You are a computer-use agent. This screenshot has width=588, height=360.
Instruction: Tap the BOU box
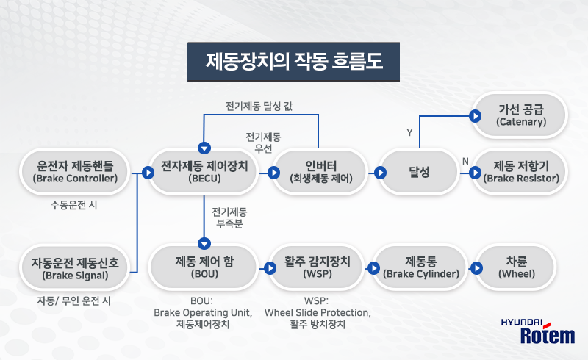pos(204,267)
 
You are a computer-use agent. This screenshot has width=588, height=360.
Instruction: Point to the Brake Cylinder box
pos(421,267)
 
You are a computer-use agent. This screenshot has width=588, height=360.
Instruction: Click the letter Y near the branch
pos(409,132)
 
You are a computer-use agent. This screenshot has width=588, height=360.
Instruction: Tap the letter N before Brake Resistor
pos(465,161)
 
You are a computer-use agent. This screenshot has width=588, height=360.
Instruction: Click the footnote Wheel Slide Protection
pos(317,312)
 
